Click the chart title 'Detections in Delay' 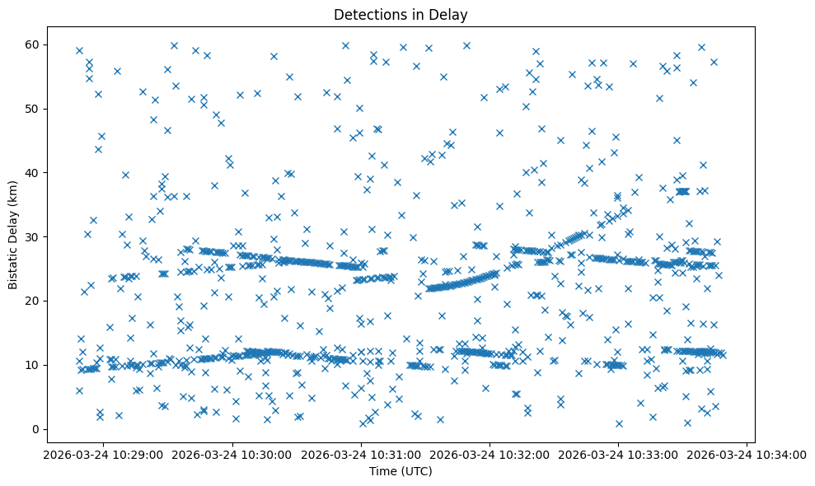pyautogui.click(x=400, y=14)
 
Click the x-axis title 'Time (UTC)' pyautogui.click(x=400, y=471)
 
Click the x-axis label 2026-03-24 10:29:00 pyautogui.click(x=104, y=454)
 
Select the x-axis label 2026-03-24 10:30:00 pyautogui.click(x=232, y=454)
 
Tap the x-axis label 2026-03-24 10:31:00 pyautogui.click(x=361, y=454)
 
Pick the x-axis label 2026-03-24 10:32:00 pyautogui.click(x=489, y=454)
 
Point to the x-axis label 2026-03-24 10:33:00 pyautogui.click(x=618, y=454)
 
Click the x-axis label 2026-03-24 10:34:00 pyautogui.click(x=747, y=454)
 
